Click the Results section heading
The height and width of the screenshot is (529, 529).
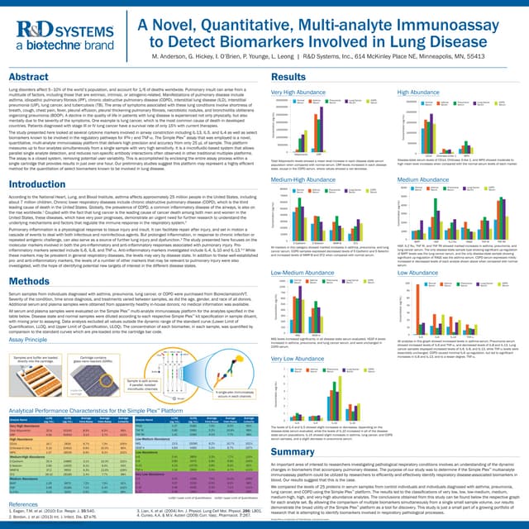(289, 76)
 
